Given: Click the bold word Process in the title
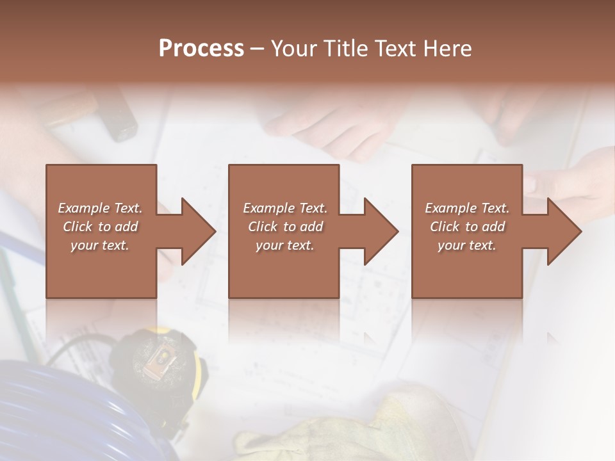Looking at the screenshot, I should (x=201, y=48).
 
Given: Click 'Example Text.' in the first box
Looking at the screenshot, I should (x=100, y=208).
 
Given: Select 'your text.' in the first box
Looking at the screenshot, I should (x=100, y=245).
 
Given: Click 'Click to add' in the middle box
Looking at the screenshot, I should (x=285, y=227).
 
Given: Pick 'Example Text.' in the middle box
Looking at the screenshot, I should (x=285, y=208).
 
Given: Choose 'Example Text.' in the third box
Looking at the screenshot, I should (x=467, y=208).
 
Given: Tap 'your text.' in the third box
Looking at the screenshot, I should (x=467, y=245).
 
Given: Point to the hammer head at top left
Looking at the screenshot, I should (x=119, y=118).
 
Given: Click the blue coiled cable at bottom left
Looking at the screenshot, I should (x=58, y=410).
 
